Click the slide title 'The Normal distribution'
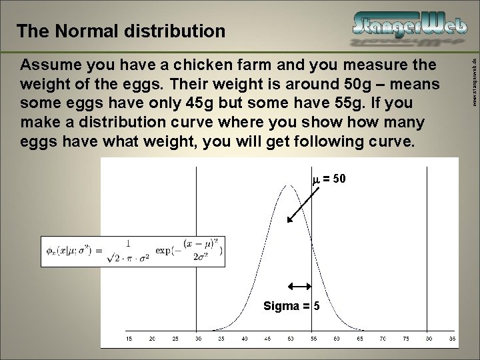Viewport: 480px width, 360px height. [121, 31]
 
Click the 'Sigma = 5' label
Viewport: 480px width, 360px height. [291, 306]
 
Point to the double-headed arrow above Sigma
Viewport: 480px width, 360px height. [299, 286]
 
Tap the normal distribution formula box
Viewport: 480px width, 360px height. [133, 251]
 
